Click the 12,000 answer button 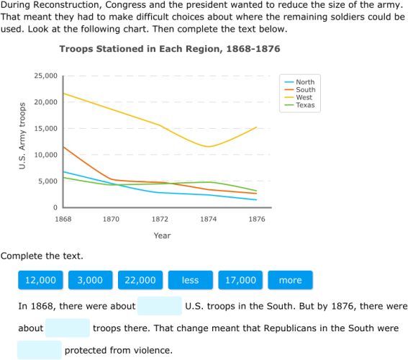(40, 280)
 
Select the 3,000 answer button (90, 280)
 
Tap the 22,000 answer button (140, 280)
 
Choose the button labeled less (190, 280)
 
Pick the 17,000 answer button (240, 280)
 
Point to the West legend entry (304, 98)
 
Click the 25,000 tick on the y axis (46, 76)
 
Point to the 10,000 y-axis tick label (46, 155)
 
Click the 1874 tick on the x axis (208, 218)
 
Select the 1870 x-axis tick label (112, 218)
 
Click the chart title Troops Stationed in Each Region (169, 49)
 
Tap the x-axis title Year (162, 235)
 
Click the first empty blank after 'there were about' (160, 306)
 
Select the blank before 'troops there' (68, 328)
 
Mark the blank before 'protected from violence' (40, 351)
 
